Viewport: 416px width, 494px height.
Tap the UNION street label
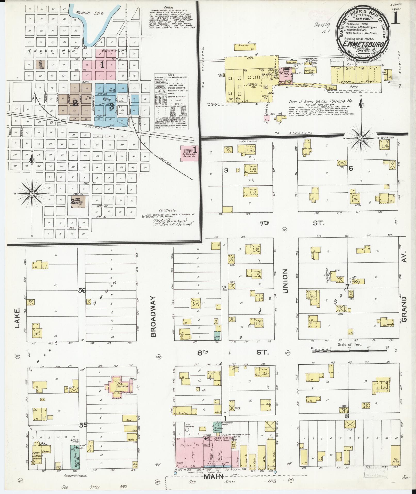pos(285,281)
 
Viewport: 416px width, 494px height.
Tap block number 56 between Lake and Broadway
pos(82,291)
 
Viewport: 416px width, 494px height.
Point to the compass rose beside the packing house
pos(361,138)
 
